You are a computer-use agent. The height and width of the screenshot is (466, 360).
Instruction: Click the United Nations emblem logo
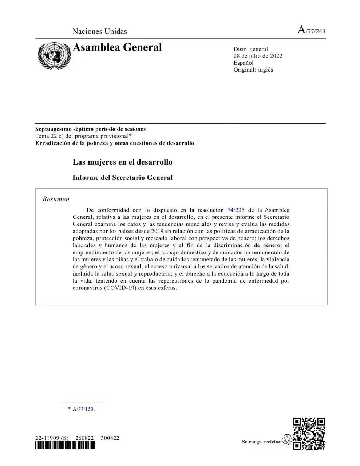[x=54, y=55]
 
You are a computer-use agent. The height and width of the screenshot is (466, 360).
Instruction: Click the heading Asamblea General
[x=117, y=47]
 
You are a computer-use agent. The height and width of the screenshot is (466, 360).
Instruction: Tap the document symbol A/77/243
[x=311, y=30]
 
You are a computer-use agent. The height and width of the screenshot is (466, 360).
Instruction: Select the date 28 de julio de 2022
[x=258, y=56]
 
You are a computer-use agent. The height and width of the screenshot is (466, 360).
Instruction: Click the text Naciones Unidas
[x=100, y=31]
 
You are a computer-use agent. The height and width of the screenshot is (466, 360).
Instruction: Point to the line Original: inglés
[x=253, y=70]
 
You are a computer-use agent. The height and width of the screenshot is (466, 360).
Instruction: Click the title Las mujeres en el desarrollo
[x=122, y=162]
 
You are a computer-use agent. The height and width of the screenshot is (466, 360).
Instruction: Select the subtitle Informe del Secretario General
[x=122, y=178]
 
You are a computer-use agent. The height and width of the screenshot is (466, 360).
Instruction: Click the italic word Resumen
[x=56, y=199]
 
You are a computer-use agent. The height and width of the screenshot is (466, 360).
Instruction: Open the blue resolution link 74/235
[x=236, y=210]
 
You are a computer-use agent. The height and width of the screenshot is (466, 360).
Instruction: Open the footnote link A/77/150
[x=83, y=409]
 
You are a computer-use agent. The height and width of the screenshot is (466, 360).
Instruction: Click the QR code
[x=309, y=434]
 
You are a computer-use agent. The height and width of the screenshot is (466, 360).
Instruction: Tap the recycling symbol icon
[x=287, y=439]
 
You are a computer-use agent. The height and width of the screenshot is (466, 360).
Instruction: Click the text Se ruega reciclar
[x=261, y=442]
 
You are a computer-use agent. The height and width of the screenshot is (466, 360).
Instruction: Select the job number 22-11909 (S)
[x=52, y=438]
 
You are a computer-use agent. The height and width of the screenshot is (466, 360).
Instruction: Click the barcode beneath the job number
[x=65, y=445]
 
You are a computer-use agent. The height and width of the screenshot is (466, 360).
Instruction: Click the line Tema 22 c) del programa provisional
[x=83, y=136]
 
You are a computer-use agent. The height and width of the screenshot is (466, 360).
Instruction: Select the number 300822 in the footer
[x=110, y=438]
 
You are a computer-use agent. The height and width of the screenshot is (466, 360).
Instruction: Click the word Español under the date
[x=243, y=63]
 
